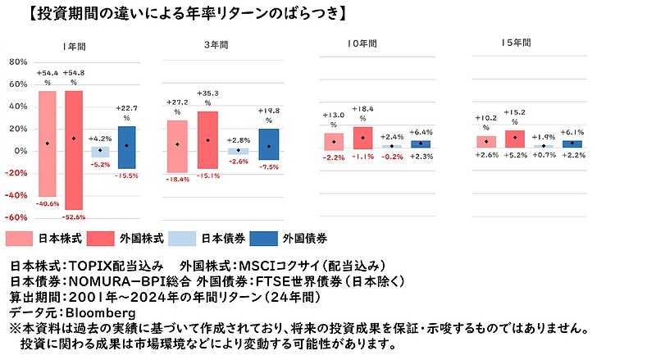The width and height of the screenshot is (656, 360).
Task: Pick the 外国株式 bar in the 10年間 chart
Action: point(362,137)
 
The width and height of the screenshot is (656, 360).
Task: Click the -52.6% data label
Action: point(74,216)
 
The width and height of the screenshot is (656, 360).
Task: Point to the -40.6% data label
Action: point(48,203)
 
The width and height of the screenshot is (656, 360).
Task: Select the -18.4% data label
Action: point(177,179)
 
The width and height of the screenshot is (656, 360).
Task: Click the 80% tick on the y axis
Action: point(18,62)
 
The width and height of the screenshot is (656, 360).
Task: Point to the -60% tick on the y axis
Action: point(16,218)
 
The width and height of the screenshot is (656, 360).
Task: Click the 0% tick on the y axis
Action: point(21,151)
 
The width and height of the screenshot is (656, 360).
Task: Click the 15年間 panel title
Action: point(516,42)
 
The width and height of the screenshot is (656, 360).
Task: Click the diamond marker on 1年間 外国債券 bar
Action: point(126,145)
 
